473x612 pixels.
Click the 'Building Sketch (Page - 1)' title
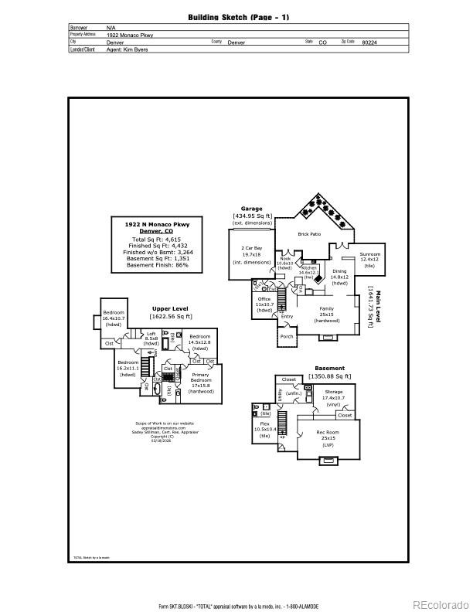(x=238, y=17)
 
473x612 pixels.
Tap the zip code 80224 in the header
(x=370, y=42)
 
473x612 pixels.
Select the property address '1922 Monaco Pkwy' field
(x=130, y=35)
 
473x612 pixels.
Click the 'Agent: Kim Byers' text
(x=127, y=49)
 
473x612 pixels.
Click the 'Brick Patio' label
(x=309, y=233)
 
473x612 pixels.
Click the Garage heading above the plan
(x=252, y=209)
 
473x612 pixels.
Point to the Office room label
(x=264, y=298)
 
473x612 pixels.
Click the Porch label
(x=287, y=336)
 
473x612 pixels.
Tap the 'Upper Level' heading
(x=171, y=308)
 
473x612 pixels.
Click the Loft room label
(x=151, y=334)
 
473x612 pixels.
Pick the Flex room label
(x=264, y=424)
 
